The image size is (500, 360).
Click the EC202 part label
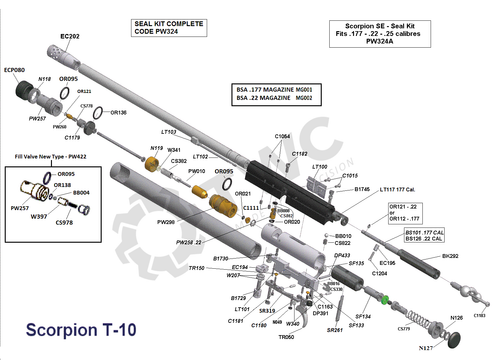(70, 36)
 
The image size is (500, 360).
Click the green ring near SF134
(383, 296)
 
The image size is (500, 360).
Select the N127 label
(425, 348)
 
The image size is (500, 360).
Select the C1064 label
(283, 136)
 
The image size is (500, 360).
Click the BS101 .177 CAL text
(424, 231)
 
